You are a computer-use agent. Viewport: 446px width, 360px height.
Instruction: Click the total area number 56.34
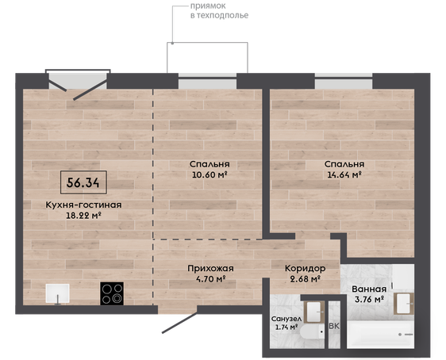(83, 182)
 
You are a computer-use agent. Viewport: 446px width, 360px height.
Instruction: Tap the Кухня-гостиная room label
(83, 205)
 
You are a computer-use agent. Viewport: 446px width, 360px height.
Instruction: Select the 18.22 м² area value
(84, 216)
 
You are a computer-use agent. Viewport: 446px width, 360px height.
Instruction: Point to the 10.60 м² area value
(210, 174)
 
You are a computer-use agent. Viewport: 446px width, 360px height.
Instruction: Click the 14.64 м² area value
(344, 174)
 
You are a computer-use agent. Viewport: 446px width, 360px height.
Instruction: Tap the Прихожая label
(210, 269)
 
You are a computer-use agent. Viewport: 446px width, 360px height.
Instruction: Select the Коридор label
(306, 268)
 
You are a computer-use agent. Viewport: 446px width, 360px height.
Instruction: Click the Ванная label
(369, 289)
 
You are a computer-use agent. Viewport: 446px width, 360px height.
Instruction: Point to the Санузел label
(286, 319)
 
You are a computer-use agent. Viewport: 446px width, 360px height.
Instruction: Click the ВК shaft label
(334, 327)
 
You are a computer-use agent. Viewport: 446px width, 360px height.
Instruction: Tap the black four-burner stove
(112, 293)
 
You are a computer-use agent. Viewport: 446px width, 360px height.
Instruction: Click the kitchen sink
(58, 293)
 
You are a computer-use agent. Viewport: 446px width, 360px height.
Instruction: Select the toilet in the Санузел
(312, 332)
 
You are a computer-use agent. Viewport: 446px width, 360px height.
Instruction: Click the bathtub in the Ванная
(381, 335)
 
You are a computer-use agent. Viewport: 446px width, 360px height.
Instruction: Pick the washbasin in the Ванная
(404, 304)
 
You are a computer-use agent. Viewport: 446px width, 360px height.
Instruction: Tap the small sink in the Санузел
(314, 312)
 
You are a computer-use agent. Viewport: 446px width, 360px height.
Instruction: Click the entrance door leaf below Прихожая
(179, 323)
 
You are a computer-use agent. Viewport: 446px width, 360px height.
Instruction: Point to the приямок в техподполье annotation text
(219, 10)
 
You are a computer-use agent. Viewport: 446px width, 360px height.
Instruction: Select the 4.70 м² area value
(211, 279)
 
